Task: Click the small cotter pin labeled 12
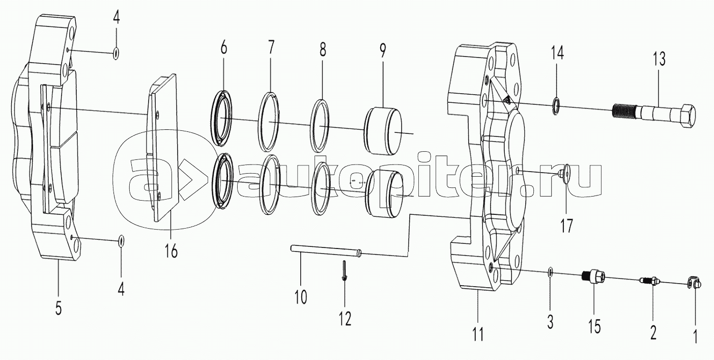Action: pos(344,271)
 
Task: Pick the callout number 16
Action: pos(171,251)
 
